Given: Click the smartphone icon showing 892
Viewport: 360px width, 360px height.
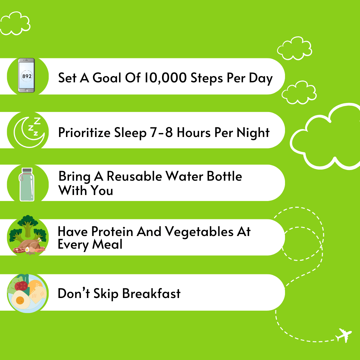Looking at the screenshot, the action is pos(26,75).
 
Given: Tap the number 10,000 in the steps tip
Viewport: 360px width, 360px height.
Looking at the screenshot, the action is pos(165,78).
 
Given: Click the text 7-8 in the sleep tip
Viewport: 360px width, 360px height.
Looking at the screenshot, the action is pos(161,132).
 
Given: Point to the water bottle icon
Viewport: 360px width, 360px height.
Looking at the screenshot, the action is pos(27,184).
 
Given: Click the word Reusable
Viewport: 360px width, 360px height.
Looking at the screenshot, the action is pos(134,176).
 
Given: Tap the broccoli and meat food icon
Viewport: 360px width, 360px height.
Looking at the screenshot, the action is pos(28,235).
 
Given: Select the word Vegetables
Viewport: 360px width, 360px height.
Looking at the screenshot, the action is pos(199,232).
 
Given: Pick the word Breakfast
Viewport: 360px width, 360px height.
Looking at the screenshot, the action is pos(151,293).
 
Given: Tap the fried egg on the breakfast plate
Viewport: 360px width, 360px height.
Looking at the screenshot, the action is pos(20,300).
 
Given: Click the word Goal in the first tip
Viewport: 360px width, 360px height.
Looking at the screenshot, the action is pos(107,78).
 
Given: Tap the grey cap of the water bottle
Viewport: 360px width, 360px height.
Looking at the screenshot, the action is pos(27,170).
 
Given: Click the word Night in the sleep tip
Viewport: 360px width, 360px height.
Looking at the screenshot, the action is pos(253,133).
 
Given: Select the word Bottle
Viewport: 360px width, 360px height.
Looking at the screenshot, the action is pos(224,176).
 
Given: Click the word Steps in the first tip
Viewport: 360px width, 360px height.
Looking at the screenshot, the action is pos(207,78).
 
